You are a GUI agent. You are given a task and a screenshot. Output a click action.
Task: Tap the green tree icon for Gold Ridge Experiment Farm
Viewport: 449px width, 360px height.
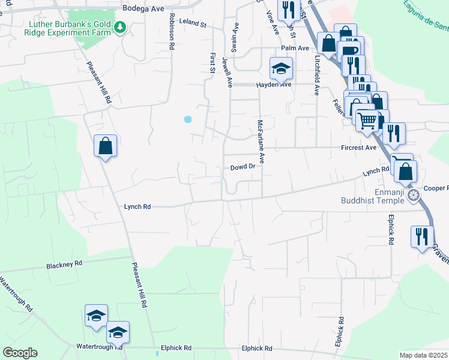tap(121, 27)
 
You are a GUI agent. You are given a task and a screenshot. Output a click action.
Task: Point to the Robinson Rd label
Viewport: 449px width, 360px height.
tap(172, 31)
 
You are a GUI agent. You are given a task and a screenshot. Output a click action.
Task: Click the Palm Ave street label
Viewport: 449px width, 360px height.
tap(295, 48)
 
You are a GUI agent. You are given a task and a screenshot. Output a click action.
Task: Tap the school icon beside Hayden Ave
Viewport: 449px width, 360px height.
tap(280, 69)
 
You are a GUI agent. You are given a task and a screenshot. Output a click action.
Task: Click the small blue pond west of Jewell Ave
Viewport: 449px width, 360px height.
tap(188, 119)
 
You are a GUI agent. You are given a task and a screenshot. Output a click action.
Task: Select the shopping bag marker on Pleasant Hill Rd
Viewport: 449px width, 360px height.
tap(105, 146)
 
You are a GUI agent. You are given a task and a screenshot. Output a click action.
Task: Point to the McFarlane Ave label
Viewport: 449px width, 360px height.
tap(261, 142)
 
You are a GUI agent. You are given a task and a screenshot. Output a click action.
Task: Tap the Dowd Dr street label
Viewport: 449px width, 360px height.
tap(243, 167)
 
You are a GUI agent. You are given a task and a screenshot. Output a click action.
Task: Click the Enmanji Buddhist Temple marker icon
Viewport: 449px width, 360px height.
tap(413, 195)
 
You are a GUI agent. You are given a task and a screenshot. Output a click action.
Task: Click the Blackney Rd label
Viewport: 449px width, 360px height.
tap(64, 264)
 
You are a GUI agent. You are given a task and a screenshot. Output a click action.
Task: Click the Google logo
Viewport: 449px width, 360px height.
tap(20, 353)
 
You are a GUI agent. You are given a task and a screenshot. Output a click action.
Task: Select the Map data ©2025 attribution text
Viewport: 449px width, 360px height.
tap(424, 355)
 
